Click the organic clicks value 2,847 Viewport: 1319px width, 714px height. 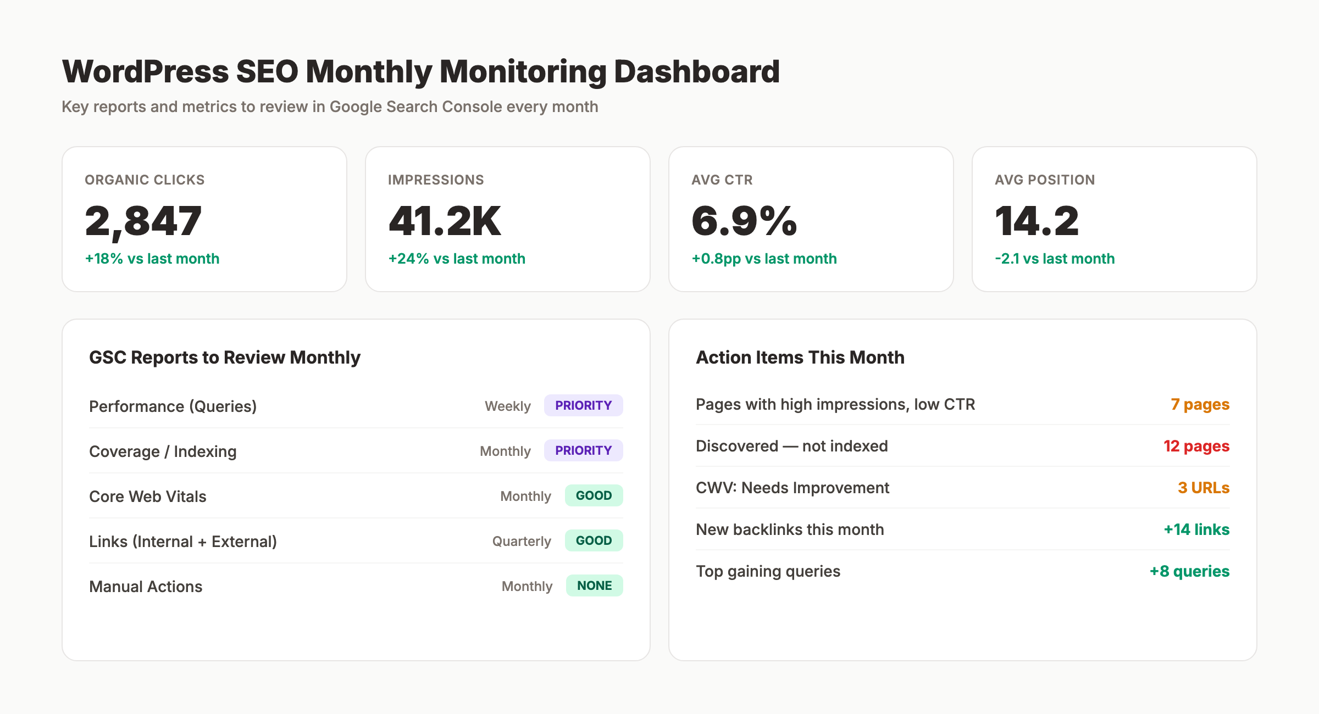pos(143,221)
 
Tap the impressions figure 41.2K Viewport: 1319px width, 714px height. pos(444,221)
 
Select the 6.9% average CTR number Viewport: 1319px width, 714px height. pos(744,221)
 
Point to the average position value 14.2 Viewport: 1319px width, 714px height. pos(1037,221)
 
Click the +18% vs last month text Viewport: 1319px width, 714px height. pos(152,259)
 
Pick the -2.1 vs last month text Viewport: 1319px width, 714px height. pos(1054,259)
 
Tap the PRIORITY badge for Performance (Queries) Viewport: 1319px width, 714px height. pos(583,405)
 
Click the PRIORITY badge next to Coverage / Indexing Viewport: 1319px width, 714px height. pos(583,450)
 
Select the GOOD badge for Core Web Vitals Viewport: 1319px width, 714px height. pos(594,495)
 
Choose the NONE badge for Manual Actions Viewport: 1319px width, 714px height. pos(594,585)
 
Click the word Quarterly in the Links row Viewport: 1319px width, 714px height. pos(521,541)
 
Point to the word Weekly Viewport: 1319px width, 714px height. pos(507,406)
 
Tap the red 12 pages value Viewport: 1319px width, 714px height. pos(1196,446)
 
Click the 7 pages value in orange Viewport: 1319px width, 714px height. pos(1200,404)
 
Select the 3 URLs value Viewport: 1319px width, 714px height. pos(1203,488)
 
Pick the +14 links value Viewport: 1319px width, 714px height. pos(1196,529)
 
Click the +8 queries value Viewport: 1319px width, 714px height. pos(1189,571)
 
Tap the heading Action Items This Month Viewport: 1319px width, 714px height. pos(800,358)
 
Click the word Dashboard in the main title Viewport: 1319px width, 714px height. pos(696,71)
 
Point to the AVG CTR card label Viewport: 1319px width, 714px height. pos(722,180)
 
